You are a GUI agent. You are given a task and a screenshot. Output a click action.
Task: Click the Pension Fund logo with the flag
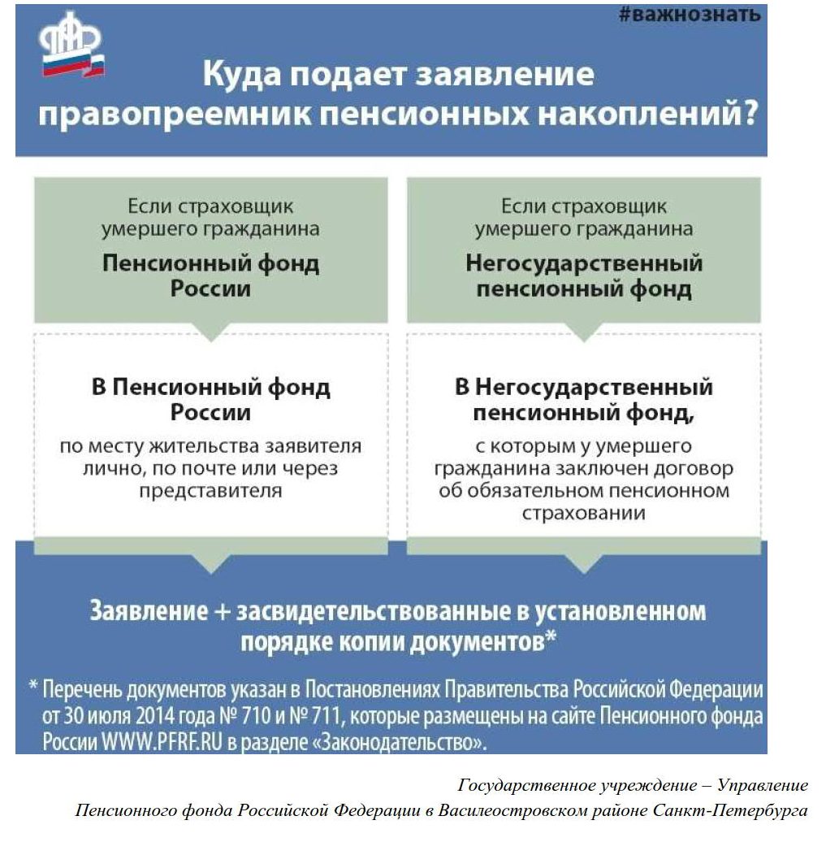click(71, 46)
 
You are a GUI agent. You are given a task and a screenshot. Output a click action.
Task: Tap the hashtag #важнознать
click(690, 14)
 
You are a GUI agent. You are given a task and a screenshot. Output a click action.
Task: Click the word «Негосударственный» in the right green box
click(583, 263)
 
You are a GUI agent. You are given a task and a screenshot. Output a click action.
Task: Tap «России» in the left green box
click(210, 288)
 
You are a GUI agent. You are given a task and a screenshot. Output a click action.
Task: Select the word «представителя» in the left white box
click(210, 491)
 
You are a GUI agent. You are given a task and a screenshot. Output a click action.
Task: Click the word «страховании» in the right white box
click(583, 514)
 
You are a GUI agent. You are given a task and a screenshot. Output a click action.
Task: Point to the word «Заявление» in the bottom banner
click(149, 610)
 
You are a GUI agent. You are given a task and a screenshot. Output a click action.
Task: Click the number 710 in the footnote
click(256, 716)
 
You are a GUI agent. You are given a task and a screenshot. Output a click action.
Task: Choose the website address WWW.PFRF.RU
click(162, 742)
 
